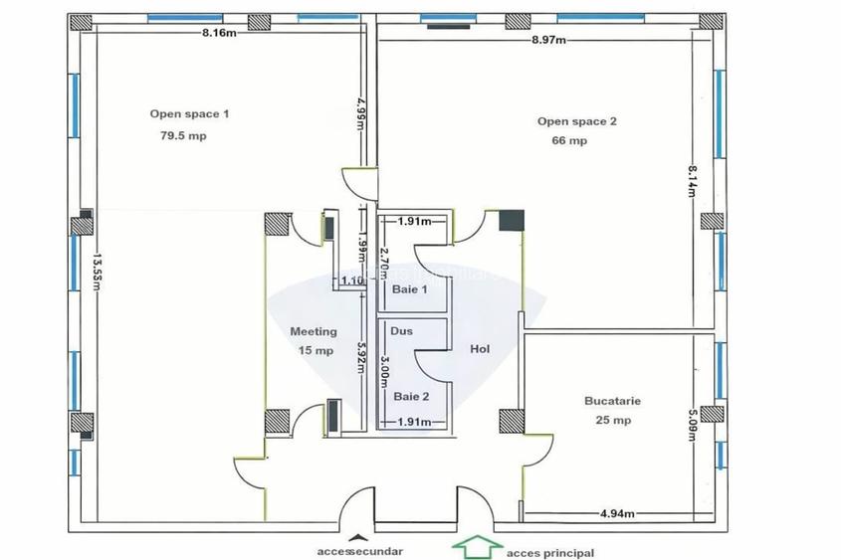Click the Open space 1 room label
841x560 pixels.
point(189,114)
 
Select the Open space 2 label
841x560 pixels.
point(577,121)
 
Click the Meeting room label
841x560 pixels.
point(313,331)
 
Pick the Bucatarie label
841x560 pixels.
point(612,402)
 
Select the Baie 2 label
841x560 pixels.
point(411,396)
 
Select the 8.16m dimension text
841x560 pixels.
point(219,33)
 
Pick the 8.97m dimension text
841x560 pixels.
point(548,40)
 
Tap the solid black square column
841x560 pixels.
point(511,220)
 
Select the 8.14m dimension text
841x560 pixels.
point(689,182)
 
